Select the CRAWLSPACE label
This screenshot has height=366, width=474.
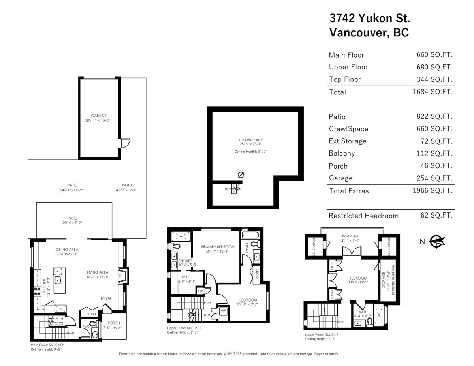(x=251, y=140)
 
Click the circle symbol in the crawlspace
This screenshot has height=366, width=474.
(x=241, y=175)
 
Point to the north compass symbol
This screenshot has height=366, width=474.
(x=437, y=241)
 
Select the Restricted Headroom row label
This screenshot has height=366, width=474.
(x=363, y=216)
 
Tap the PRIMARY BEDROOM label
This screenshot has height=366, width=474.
(x=218, y=247)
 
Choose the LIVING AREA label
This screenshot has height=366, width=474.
(x=98, y=272)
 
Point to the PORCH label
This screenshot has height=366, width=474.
(x=114, y=323)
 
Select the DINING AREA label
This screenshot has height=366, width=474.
(x=67, y=250)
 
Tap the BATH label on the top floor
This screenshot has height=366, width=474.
(x=363, y=312)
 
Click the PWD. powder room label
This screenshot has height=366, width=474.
(x=87, y=327)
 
